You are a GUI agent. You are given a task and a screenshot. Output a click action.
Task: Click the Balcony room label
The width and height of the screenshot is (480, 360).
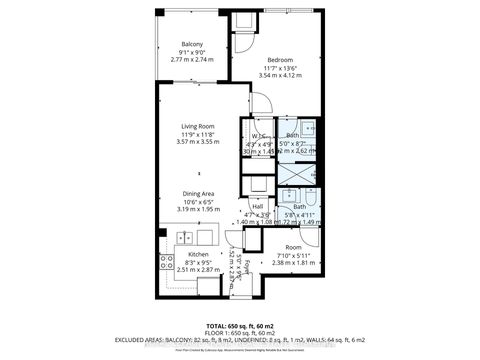tap(193, 44)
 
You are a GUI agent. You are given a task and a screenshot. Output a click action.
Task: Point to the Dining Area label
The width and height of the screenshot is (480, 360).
tap(197, 193)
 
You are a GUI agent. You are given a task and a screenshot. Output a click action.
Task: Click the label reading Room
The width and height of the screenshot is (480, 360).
tap(293, 247)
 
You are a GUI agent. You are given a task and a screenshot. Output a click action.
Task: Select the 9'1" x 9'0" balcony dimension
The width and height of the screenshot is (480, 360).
tap(193, 53)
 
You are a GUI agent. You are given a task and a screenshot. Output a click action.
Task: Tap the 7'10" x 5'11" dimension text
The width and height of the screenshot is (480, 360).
tap(293, 256)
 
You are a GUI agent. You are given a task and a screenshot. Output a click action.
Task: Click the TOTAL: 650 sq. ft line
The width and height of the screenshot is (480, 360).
tap(240, 325)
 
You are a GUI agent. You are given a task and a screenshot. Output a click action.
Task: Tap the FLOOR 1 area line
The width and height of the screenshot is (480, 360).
tap(240, 332)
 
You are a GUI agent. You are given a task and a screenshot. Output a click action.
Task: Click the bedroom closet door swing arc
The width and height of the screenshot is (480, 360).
tap(256, 102)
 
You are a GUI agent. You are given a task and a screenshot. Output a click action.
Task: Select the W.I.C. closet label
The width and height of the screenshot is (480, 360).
tap(257, 136)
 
